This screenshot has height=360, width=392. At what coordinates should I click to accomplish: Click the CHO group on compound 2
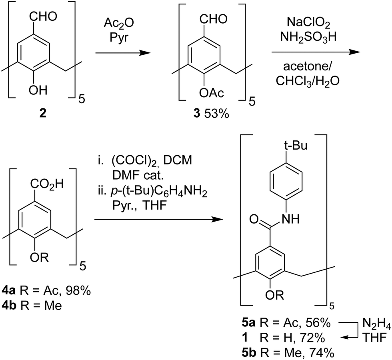43,16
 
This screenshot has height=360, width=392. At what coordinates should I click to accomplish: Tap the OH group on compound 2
38,90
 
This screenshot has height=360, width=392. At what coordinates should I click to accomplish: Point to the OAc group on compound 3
212,93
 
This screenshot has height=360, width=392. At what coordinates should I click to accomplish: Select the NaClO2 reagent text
308,23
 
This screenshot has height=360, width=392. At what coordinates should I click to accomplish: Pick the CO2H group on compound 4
47,184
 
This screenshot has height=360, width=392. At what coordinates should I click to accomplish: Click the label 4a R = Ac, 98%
46,291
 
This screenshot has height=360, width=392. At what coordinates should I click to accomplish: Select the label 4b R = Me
32,306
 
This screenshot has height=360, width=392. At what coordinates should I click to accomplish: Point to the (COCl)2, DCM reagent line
145,160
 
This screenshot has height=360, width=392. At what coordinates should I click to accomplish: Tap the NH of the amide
290,219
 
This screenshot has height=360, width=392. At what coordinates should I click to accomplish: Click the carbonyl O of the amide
254,219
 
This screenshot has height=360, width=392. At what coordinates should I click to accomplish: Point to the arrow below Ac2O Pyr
123,53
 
